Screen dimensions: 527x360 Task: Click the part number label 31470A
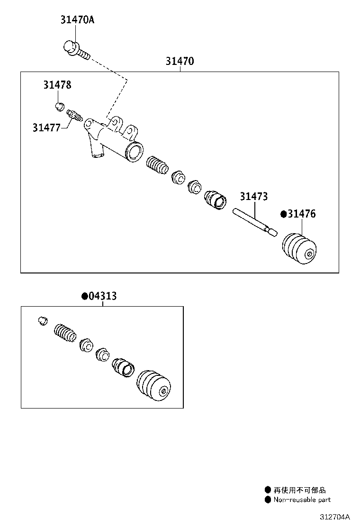coord(77,20)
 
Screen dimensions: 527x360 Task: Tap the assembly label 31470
coord(180,61)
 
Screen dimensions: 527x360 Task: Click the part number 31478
coord(57,85)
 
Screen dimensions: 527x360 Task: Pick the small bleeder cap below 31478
coord(59,106)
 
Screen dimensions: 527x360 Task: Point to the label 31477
coord(46,127)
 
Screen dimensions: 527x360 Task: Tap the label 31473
coord(253,196)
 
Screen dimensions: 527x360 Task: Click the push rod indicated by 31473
coord(253,221)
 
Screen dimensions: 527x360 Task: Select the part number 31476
coord(301,214)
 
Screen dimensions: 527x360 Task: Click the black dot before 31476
coord(284,214)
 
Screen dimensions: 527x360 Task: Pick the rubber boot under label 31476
coord(299,247)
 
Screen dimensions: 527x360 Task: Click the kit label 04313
coord(102,296)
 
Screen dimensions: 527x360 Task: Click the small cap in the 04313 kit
coord(43,320)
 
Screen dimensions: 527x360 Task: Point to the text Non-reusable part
coord(301,500)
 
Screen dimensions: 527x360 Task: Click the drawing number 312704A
coord(334,517)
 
